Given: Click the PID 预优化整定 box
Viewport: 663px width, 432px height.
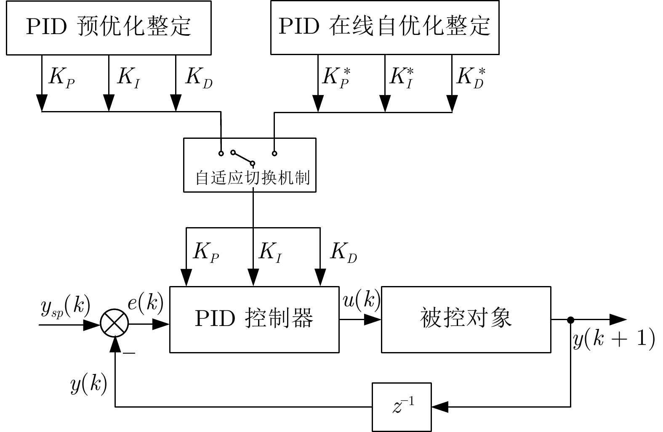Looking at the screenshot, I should (109, 27).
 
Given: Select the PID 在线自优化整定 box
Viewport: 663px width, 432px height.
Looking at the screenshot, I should (384, 27).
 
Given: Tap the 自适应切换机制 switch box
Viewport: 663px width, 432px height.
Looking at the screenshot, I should (250, 165).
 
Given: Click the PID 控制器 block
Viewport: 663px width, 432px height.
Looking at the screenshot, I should (254, 319).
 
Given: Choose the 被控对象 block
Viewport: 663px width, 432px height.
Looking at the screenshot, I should (466, 319).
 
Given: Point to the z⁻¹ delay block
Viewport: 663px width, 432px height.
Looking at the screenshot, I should (402, 407).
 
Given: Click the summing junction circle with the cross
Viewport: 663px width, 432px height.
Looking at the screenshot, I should (115, 324).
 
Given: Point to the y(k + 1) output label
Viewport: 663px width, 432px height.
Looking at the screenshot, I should (614, 339).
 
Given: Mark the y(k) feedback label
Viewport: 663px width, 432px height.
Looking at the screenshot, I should (88, 384).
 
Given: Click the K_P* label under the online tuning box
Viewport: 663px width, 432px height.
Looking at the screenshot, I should (336, 77).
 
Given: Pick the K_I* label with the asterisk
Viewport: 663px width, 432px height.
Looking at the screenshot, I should (402, 77).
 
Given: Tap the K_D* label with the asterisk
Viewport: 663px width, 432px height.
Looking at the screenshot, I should (471, 77).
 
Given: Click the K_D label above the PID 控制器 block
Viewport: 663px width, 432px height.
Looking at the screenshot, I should (343, 253).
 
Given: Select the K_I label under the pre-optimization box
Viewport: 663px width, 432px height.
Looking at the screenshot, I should (128, 77).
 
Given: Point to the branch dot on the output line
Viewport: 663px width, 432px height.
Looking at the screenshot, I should (571, 320).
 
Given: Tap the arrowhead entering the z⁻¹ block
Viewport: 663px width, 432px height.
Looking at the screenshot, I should (440, 407).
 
